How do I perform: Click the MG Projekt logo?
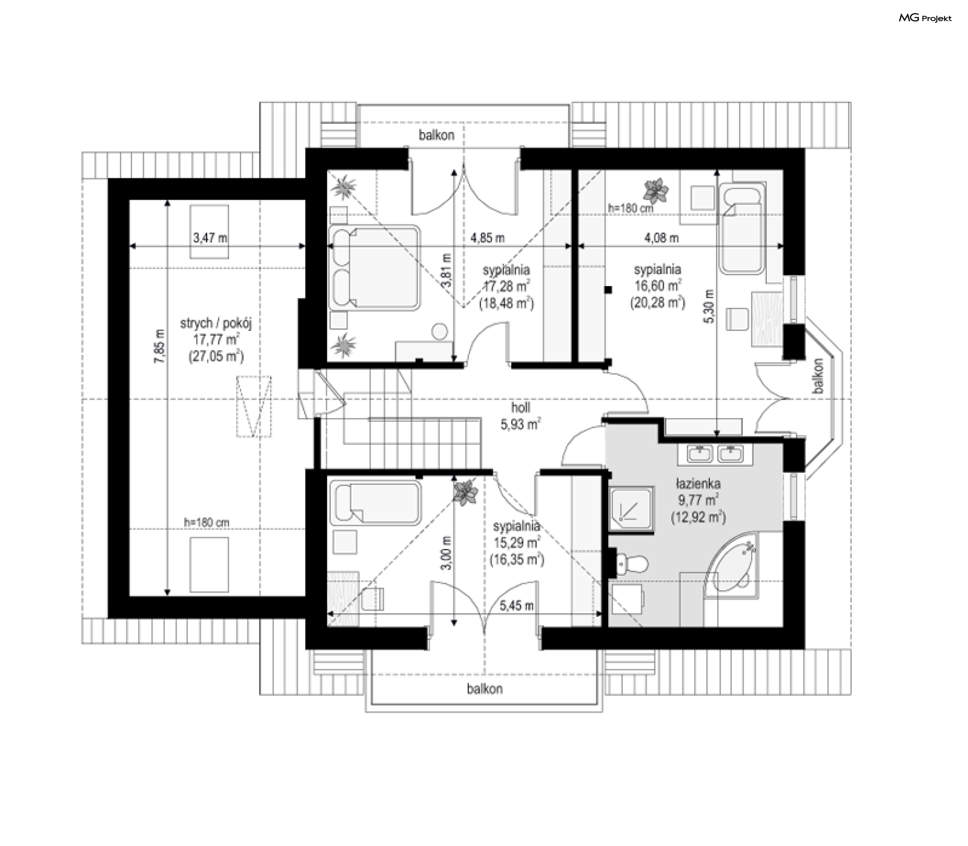[925, 18]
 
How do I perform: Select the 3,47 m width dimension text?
[210, 238]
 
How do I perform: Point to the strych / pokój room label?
[216, 323]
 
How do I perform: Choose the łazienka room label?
[698, 484]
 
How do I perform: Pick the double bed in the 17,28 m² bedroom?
[375, 267]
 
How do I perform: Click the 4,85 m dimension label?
[488, 238]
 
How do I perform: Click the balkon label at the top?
[437, 135]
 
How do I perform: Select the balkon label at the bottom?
[485, 689]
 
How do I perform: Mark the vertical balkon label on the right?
[818, 376]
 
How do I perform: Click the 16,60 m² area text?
[657, 286]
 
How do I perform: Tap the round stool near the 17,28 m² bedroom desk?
[440, 332]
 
